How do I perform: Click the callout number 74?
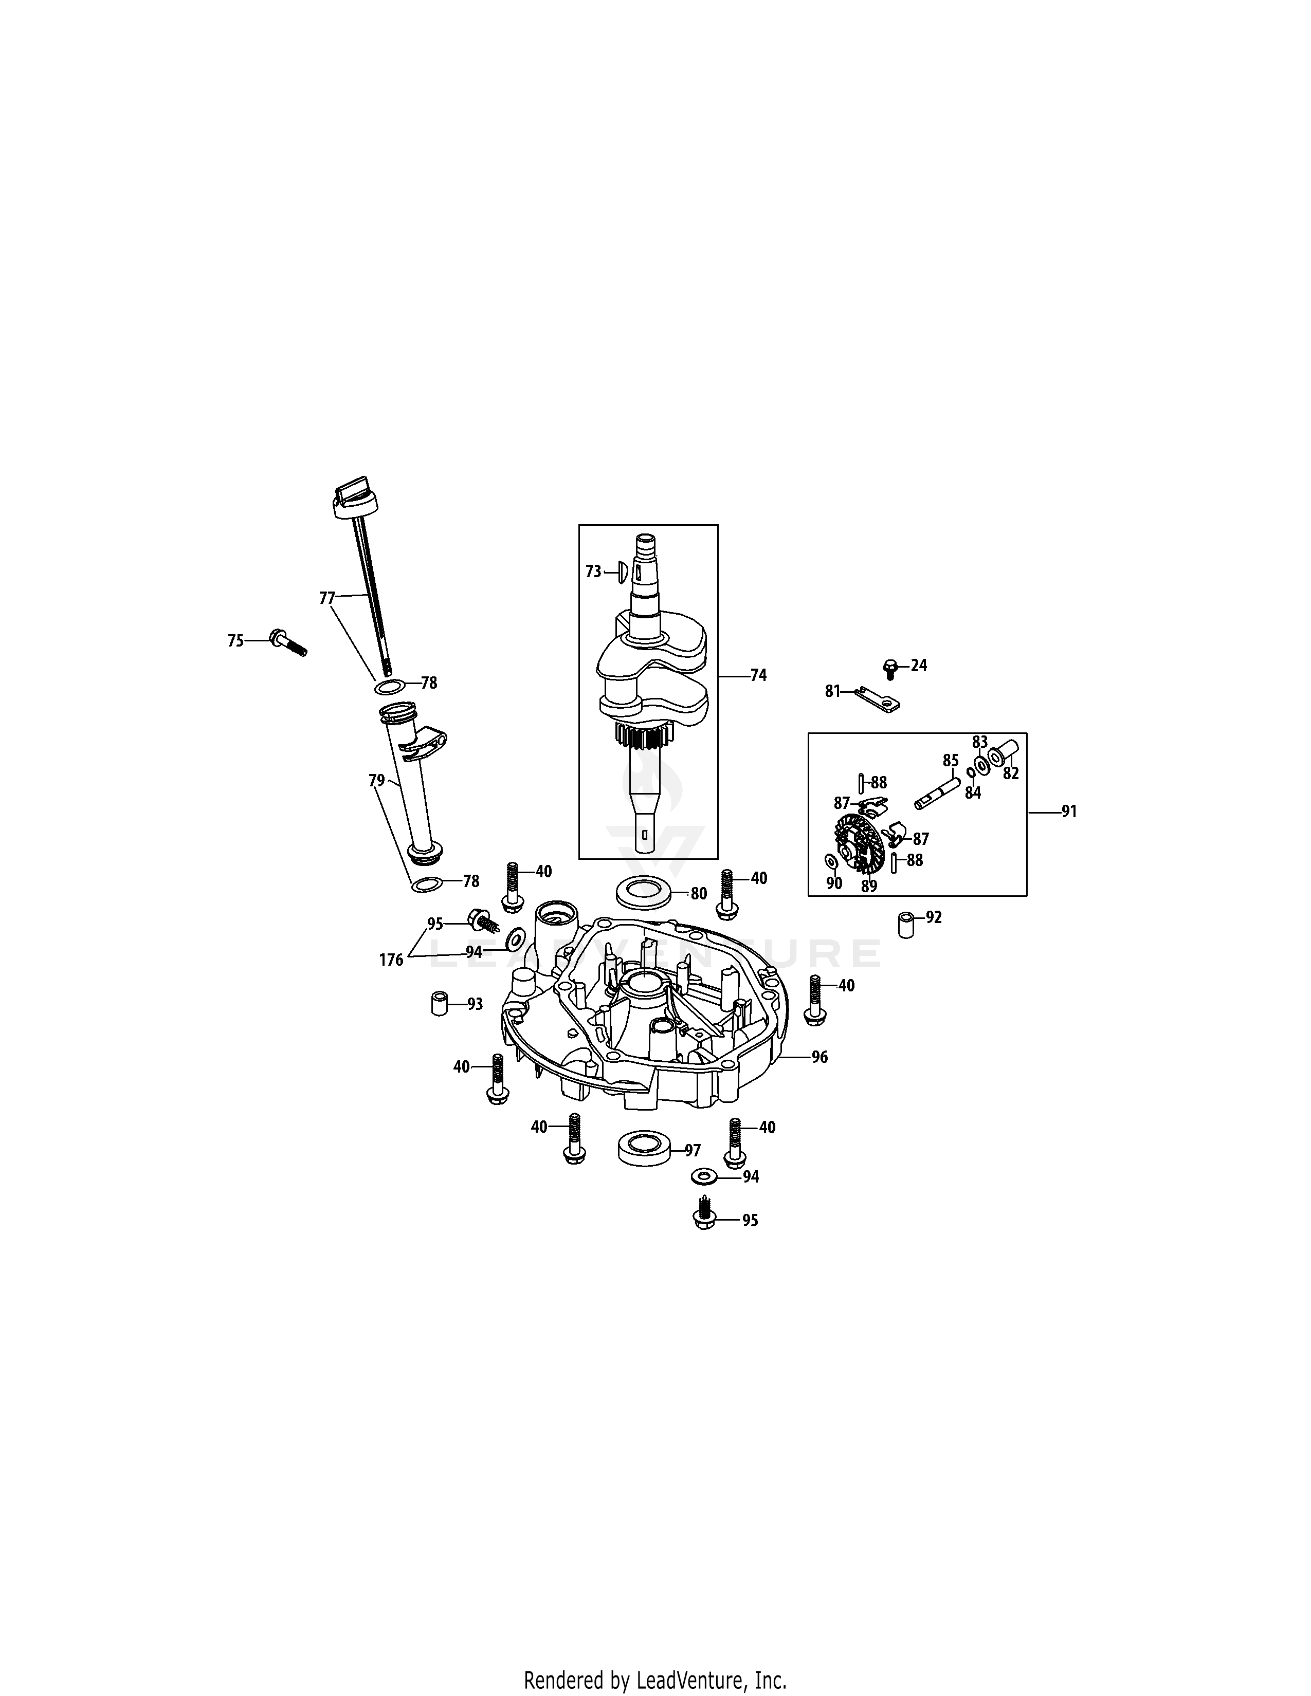758,676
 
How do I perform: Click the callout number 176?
391,961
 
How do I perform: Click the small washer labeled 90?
831,862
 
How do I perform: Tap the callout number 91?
1069,812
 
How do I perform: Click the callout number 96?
820,1057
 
